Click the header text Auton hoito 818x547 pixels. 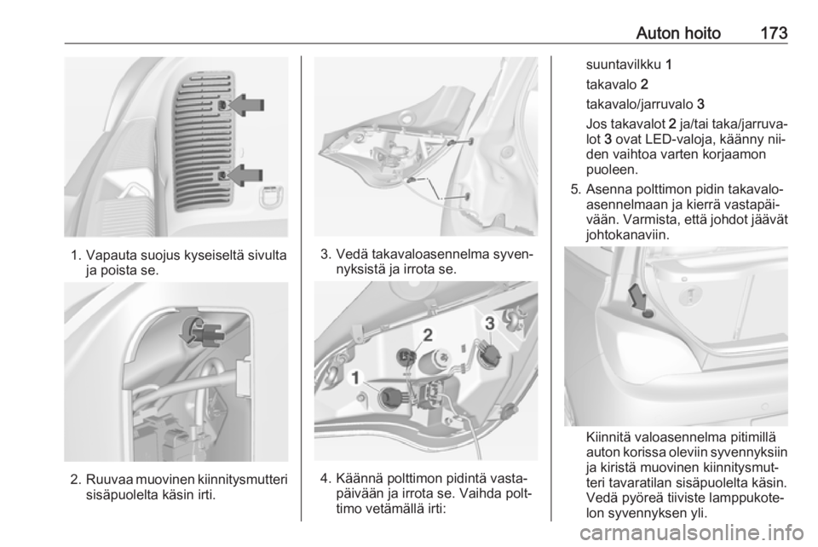pyautogui.click(x=678, y=33)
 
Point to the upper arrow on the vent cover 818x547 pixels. pyautogui.click(x=246, y=105)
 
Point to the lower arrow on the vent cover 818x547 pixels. pyautogui.click(x=245, y=175)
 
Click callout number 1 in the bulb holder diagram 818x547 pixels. pyautogui.click(x=356, y=377)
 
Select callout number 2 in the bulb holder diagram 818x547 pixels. pyautogui.click(x=427, y=335)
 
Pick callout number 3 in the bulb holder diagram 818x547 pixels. pyautogui.click(x=490, y=323)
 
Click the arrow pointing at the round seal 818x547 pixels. pyautogui.click(x=638, y=297)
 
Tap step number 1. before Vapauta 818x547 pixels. pyautogui.click(x=76, y=256)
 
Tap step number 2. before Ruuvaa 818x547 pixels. pyautogui.click(x=76, y=479)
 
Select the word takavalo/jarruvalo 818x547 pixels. pyautogui.click(x=639, y=104)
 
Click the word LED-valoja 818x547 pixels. pyautogui.click(x=677, y=141)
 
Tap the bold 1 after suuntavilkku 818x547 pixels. pyautogui.click(x=669, y=65)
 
